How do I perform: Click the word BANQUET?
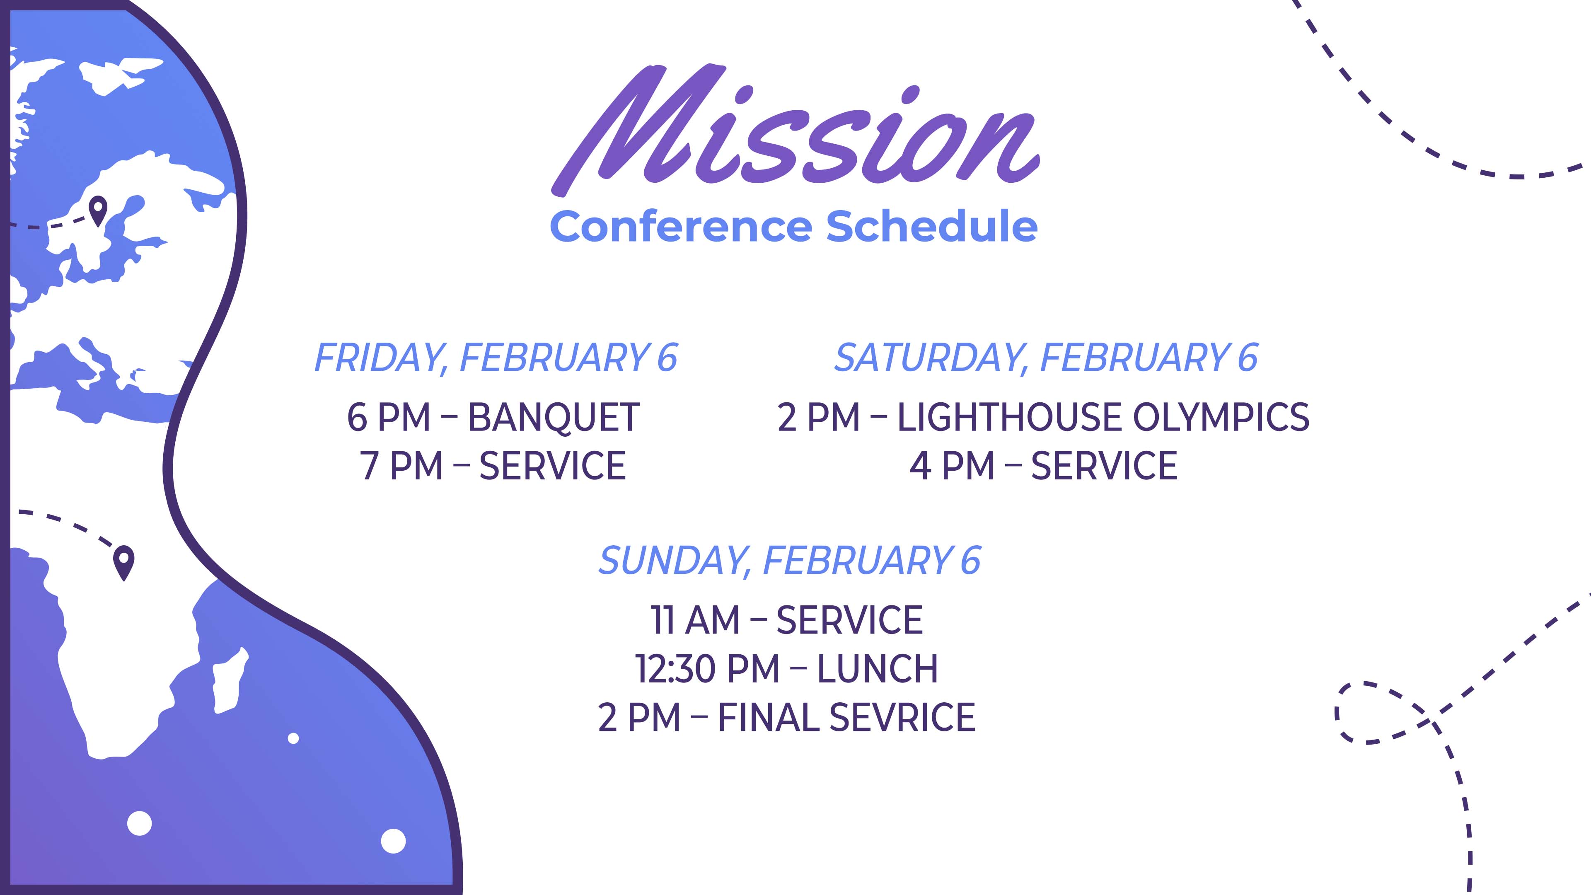(554, 418)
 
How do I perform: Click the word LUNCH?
(877, 669)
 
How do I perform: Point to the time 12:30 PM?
(707, 669)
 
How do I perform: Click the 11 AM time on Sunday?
(694, 620)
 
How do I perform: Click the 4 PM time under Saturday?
(951, 466)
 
